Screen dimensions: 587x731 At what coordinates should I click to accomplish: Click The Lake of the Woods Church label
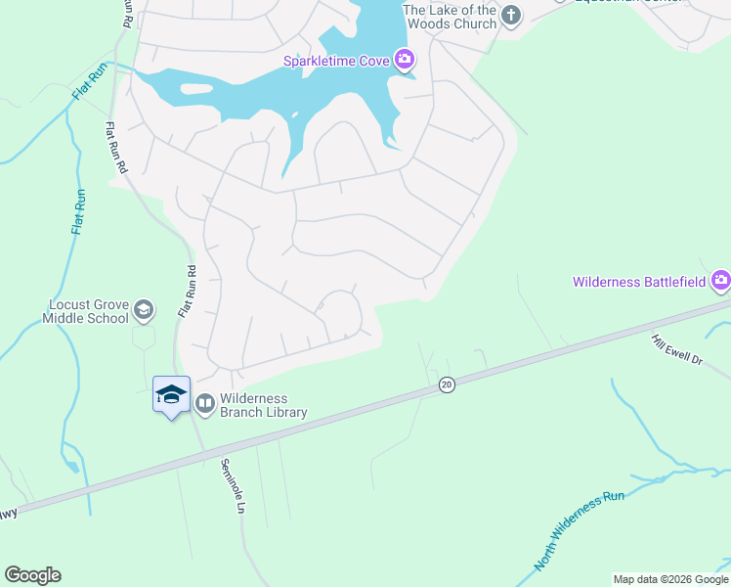451,16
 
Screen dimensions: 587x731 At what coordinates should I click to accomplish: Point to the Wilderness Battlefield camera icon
721,282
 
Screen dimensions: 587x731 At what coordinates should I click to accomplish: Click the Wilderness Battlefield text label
639,282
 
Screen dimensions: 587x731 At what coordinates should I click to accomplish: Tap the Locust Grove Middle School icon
144,310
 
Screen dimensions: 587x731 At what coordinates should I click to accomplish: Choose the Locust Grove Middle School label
86,311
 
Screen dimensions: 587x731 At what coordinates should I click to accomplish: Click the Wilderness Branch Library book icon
205,403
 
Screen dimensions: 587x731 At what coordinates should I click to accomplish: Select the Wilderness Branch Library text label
263,405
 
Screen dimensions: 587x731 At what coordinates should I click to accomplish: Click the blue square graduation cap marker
172,393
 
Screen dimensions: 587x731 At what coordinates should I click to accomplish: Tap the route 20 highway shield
447,385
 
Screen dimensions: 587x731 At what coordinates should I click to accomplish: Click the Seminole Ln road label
232,486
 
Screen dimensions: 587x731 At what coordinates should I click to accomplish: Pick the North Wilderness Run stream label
580,531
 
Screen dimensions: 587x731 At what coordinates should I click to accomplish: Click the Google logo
32,575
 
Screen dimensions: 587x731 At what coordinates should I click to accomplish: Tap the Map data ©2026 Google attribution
670,579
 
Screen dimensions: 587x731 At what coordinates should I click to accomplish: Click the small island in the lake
195,89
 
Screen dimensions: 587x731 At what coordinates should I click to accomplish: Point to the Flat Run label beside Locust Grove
78,211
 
